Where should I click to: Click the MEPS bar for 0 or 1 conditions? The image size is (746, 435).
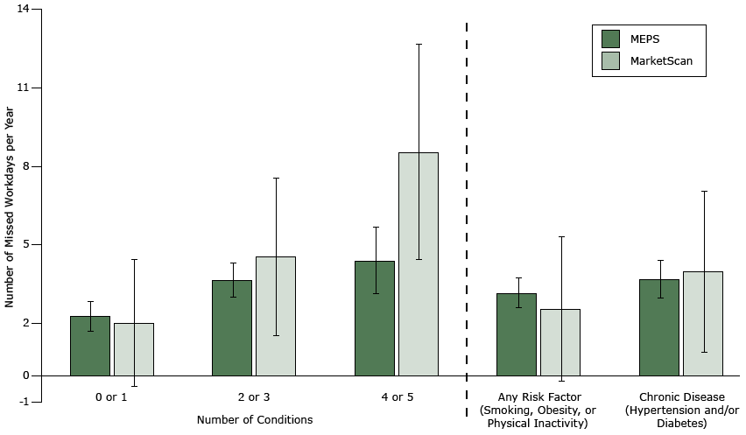(x=90, y=347)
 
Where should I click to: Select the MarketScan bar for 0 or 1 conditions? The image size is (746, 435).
(x=134, y=350)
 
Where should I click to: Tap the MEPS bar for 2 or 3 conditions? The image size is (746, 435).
(x=232, y=328)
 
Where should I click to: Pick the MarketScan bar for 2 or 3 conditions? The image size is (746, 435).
(x=276, y=317)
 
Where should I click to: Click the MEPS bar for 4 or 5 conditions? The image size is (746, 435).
(x=375, y=319)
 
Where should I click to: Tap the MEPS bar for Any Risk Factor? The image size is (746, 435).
(x=517, y=335)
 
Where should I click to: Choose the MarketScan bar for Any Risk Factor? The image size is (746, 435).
(x=560, y=343)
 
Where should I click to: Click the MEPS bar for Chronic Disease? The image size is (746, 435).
(x=659, y=328)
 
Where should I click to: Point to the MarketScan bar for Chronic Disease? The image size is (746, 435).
(x=703, y=324)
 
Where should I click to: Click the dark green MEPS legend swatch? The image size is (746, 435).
(x=611, y=39)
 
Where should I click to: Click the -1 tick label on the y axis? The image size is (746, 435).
(x=23, y=402)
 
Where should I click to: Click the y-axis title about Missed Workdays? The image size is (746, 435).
(x=10, y=207)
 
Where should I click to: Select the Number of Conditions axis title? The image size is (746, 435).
(x=255, y=420)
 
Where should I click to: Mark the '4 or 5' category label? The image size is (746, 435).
(x=397, y=397)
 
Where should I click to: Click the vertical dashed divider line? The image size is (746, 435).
(x=467, y=210)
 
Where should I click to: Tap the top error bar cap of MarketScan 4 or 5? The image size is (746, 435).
(x=419, y=44)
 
